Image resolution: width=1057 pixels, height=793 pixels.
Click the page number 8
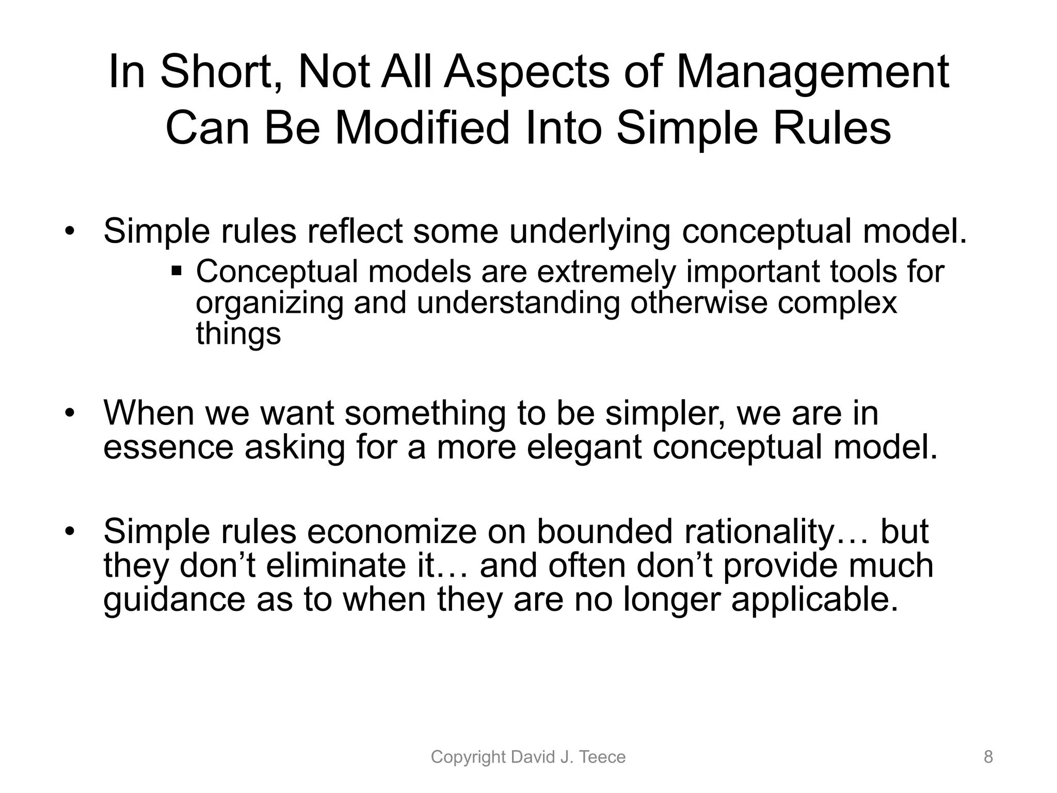(x=988, y=757)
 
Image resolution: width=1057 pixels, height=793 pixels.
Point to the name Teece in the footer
(x=603, y=757)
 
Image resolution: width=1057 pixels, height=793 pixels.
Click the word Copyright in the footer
(x=468, y=757)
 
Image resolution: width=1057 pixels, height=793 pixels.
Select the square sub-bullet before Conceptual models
(x=177, y=270)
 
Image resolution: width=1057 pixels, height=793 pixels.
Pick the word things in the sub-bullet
(x=238, y=334)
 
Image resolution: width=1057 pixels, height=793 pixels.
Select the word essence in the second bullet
(x=168, y=447)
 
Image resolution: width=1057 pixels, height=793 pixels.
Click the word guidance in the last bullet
(x=174, y=600)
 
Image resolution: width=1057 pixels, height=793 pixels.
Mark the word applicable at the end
(x=815, y=600)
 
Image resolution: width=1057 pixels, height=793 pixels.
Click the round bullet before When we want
(x=70, y=413)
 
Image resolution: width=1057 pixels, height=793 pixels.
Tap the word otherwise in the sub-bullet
(x=698, y=303)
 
